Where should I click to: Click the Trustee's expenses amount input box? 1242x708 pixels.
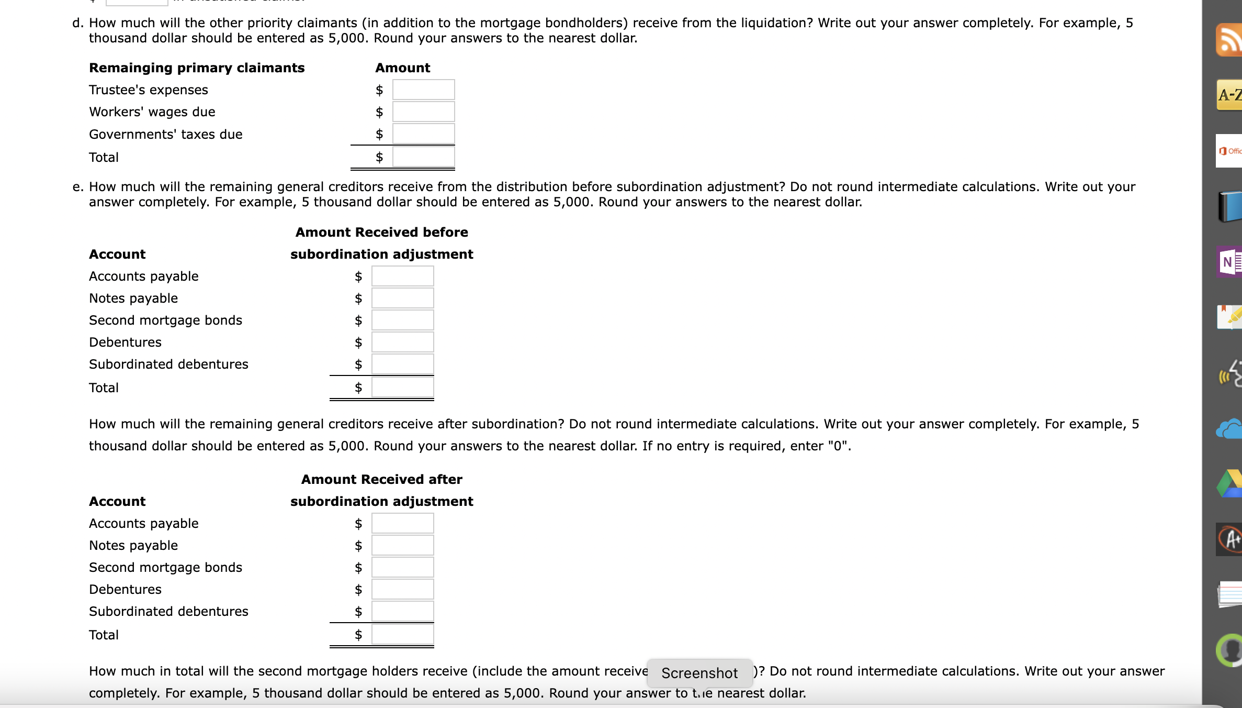423,90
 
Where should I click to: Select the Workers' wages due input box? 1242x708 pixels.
423,112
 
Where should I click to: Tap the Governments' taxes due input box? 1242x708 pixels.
423,134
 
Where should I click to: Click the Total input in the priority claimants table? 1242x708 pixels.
423,157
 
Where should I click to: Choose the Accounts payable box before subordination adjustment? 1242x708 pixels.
402,276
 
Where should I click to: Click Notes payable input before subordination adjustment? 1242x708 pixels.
402,298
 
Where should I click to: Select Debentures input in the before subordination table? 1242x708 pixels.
402,342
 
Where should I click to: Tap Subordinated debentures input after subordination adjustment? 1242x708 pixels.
402,611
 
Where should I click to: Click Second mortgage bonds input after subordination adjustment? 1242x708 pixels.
402,567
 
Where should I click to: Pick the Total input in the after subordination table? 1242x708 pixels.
402,635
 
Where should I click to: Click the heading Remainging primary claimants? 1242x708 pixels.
197,68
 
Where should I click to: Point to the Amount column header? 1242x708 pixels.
402,68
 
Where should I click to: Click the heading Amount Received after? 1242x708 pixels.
381,479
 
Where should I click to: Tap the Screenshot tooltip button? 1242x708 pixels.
699,673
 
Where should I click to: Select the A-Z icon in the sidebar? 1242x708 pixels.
1229,95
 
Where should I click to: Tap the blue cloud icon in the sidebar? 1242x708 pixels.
1229,429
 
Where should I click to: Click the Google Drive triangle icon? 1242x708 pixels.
1229,484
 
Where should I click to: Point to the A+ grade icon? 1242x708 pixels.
1229,539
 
